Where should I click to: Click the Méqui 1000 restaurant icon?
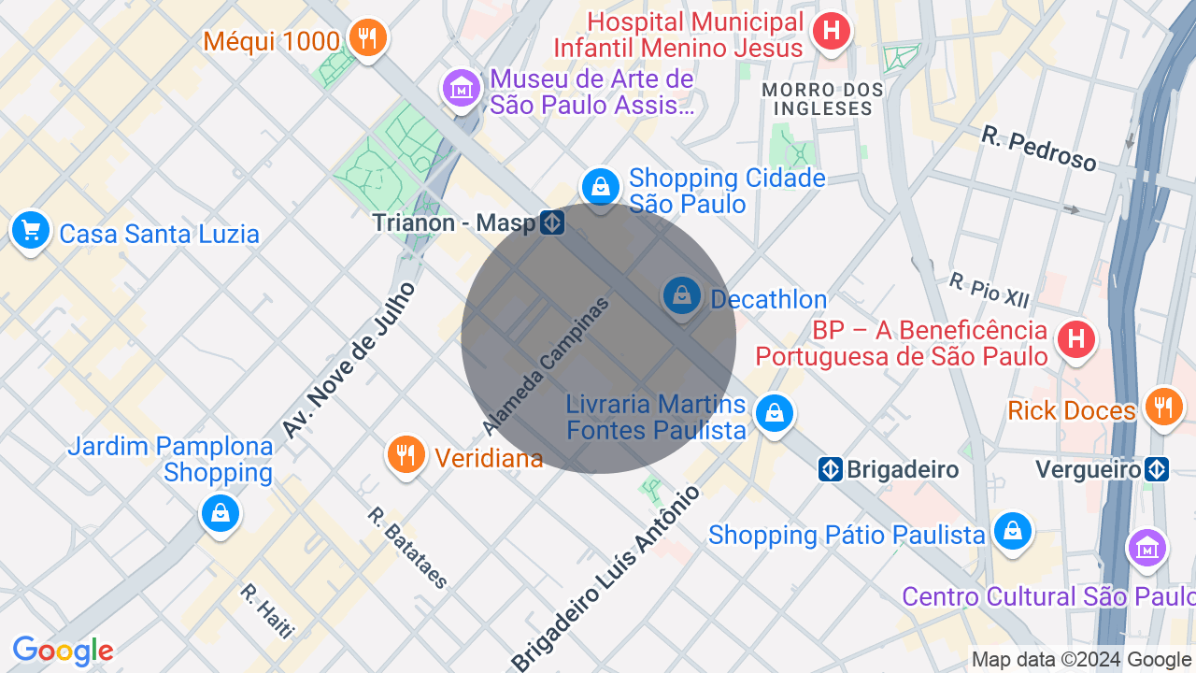point(367,38)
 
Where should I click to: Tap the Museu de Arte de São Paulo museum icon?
point(462,89)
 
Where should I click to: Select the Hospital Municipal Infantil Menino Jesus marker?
point(831,32)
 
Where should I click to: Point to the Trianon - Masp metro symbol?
point(552,222)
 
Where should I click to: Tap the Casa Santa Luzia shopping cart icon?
point(31,229)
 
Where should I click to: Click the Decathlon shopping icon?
point(682,296)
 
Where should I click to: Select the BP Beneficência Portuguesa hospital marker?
point(1076,338)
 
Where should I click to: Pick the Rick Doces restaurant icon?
point(1162,407)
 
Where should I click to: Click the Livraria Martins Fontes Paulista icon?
point(774,412)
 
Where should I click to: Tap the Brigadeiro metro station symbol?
point(831,469)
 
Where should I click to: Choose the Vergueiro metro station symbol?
point(1157,469)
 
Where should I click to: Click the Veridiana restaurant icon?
point(406,455)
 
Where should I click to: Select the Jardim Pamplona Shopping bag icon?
point(220,513)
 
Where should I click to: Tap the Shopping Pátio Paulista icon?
point(1011,531)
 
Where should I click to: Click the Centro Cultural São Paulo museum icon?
point(1146,548)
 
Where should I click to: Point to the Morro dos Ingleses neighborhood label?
point(822,99)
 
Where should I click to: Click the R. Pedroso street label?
point(1039,149)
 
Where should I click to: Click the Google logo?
point(63,651)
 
